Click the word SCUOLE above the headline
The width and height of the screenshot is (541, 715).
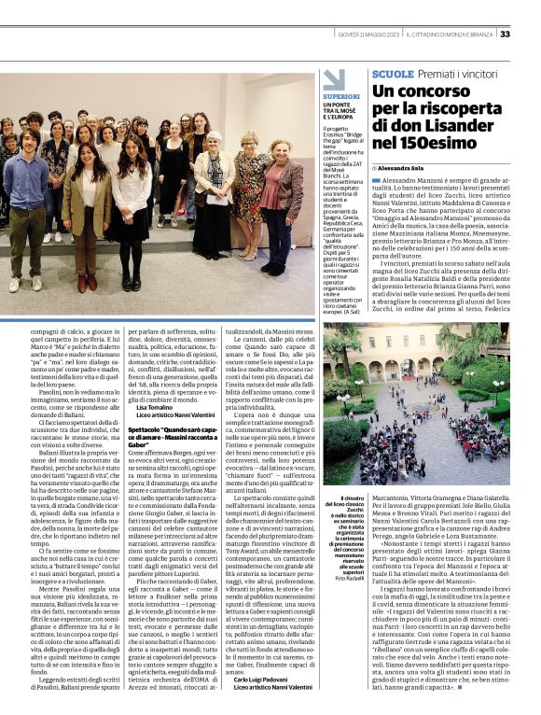coord(392,73)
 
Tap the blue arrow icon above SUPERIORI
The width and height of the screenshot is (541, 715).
coord(333,78)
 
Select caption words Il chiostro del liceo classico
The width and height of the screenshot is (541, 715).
coord(347,504)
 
